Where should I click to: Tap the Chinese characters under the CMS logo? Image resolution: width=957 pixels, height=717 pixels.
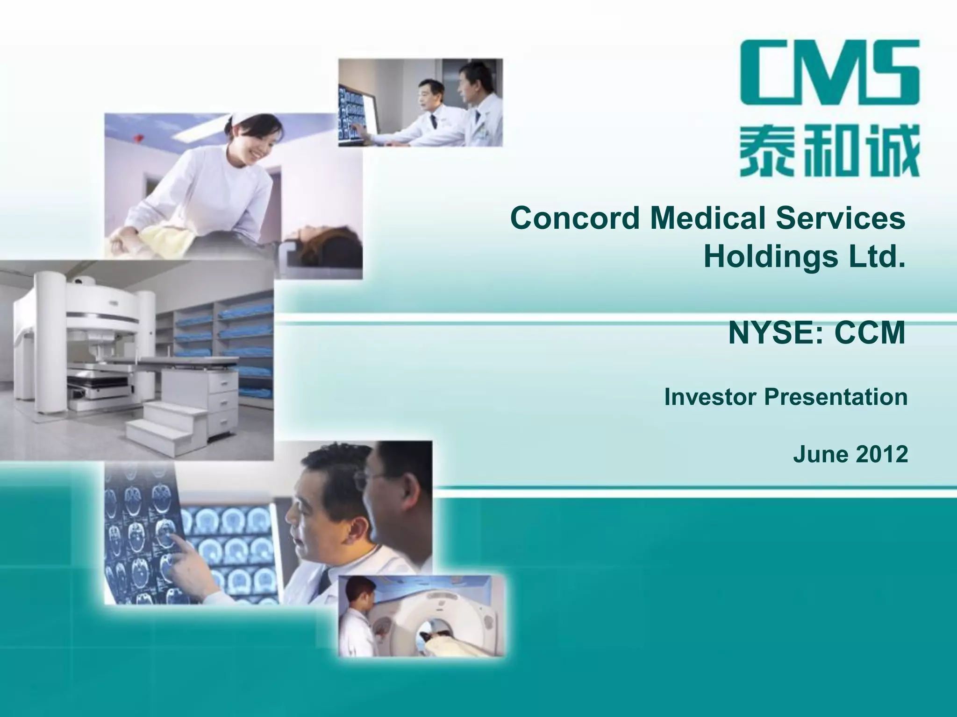(x=829, y=151)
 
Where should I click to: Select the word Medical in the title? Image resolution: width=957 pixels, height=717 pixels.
(x=707, y=218)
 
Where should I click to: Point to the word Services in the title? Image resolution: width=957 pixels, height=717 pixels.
(x=841, y=218)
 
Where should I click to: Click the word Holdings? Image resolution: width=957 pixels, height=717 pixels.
(x=771, y=257)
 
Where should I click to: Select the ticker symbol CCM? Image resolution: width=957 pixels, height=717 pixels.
(x=870, y=333)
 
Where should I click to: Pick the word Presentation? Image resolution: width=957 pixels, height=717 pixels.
(x=836, y=397)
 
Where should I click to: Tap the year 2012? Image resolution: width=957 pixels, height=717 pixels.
(x=881, y=454)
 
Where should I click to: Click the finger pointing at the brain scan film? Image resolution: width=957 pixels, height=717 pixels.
(x=176, y=541)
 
